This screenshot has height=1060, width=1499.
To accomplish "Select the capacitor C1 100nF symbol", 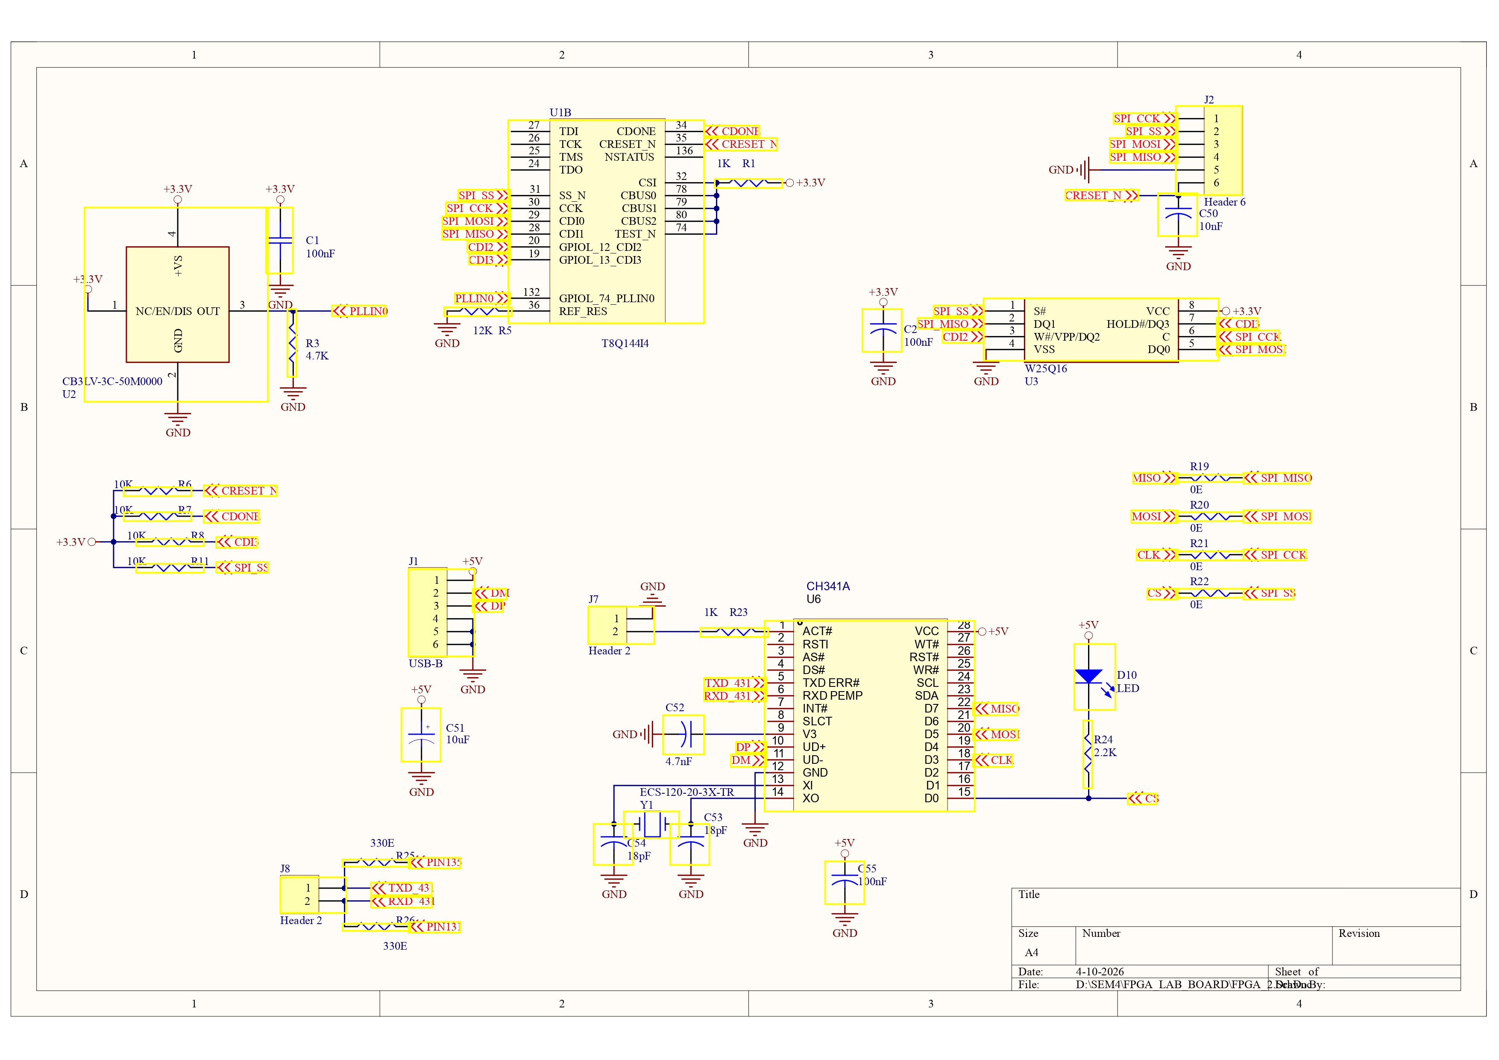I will coord(280,240).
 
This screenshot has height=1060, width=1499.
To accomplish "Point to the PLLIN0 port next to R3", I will coord(360,312).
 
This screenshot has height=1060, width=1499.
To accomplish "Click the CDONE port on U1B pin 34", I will coord(733,131).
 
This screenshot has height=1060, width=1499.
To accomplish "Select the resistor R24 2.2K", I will coord(1088,754).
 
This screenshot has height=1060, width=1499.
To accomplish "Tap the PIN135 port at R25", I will coord(435,863).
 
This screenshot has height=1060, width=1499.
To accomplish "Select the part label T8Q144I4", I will coord(625,344).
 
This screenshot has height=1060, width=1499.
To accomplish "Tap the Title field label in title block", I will coord(1029,895).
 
